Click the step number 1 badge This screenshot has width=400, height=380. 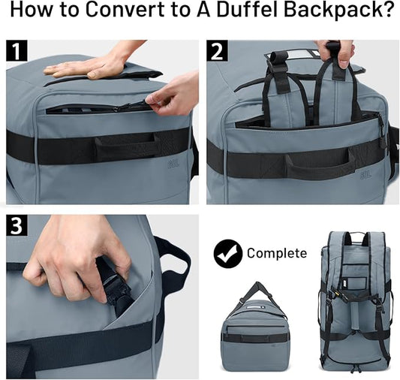[17, 53]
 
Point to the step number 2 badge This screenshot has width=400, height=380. [218, 53]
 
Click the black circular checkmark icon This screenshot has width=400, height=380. [227, 253]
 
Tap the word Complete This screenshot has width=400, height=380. [277, 253]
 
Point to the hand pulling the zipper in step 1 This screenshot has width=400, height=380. [175, 93]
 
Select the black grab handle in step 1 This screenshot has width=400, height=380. [125, 146]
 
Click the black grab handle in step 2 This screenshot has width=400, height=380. [320, 160]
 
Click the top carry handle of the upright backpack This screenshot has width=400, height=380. [356, 238]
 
